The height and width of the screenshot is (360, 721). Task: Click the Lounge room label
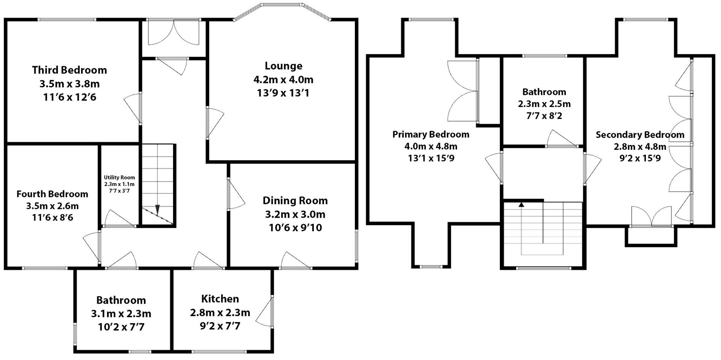[283, 66]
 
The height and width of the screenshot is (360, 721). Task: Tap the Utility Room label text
[119, 178]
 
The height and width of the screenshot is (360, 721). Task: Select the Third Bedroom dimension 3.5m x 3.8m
[69, 84]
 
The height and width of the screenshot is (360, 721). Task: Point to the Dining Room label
[295, 201]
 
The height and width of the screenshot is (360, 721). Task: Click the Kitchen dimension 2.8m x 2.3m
[220, 313]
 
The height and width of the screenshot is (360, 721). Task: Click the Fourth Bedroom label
[52, 194]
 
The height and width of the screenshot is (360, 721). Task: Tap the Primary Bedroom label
[431, 134]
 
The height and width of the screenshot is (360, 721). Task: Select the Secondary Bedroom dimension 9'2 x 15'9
[640, 158]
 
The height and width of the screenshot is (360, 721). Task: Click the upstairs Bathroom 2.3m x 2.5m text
[544, 104]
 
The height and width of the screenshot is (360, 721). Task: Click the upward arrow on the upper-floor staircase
[521, 205]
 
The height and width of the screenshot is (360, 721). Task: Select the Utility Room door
[119, 219]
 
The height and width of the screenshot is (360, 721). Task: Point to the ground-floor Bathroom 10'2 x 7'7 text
[121, 327]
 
